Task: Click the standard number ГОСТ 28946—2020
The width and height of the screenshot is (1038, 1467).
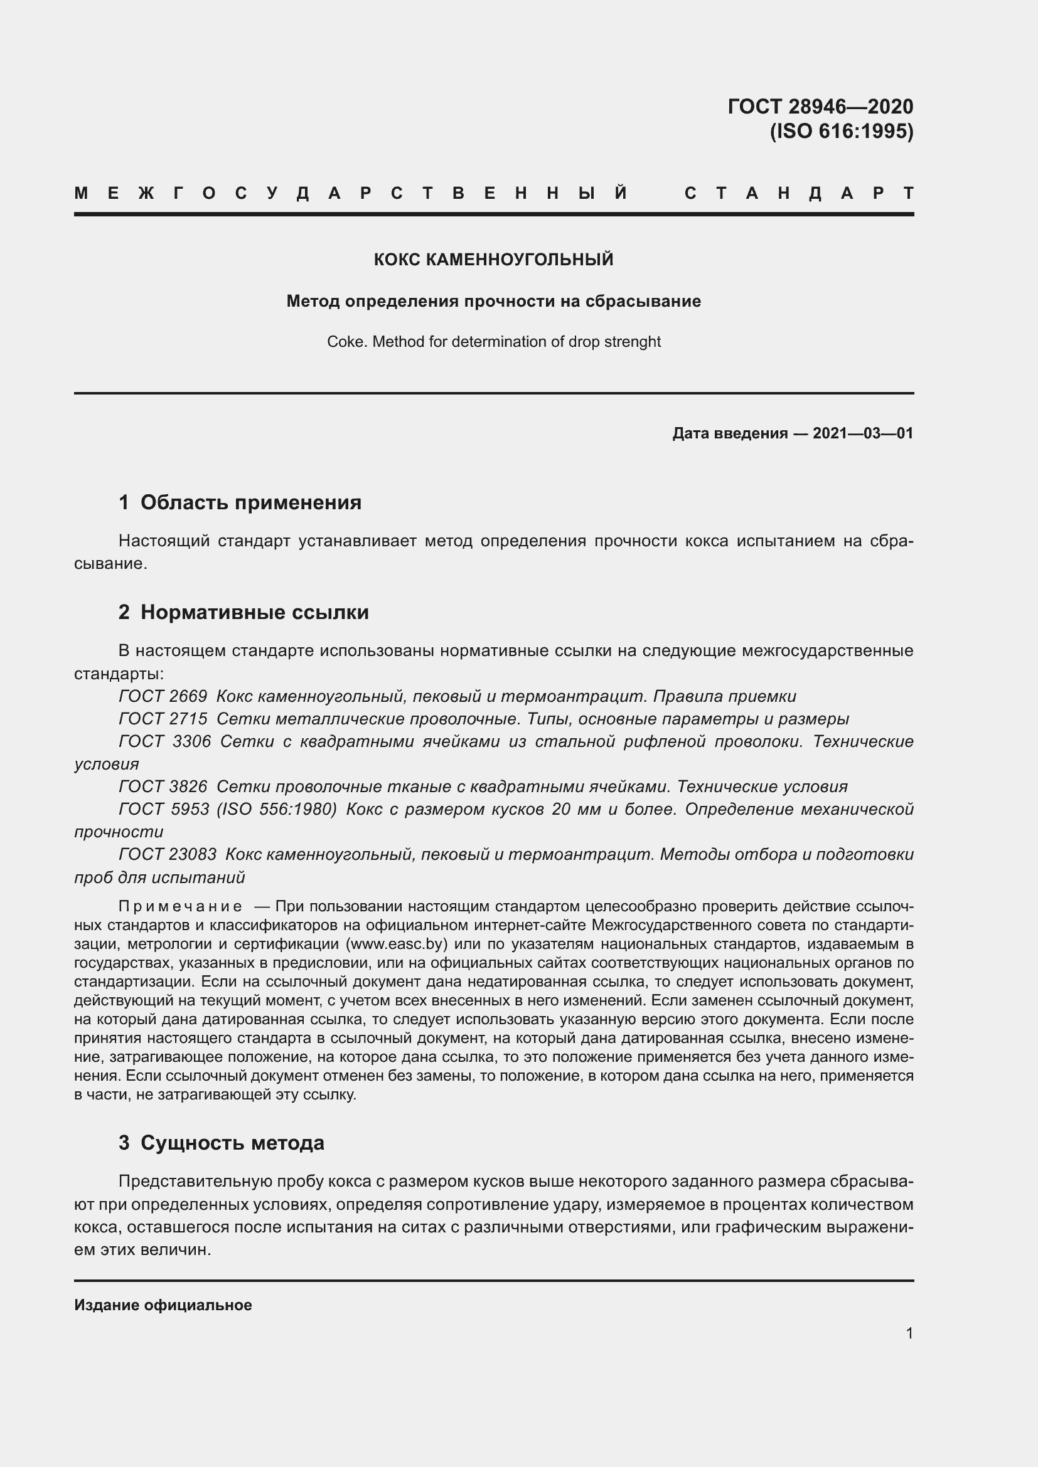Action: click(820, 106)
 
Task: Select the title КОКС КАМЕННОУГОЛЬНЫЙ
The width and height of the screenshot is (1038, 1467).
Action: click(493, 260)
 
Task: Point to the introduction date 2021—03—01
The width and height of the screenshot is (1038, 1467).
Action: click(862, 433)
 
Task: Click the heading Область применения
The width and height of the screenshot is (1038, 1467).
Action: click(250, 502)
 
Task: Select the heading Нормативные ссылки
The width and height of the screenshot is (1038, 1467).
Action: click(254, 612)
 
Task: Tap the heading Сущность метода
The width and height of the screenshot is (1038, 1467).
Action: click(232, 1142)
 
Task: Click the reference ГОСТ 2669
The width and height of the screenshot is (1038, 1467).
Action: click(163, 696)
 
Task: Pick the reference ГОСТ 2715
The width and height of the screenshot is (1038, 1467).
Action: click(163, 719)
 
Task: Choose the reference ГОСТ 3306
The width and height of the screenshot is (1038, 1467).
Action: click(165, 741)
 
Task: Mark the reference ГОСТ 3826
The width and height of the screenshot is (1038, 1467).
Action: click(163, 786)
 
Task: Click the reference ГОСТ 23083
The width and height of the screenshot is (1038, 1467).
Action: click(168, 854)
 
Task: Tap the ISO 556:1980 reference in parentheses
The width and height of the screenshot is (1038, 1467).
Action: click(277, 809)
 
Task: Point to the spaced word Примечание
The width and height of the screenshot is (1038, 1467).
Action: click(180, 906)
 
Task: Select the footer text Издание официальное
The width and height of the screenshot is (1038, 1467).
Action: click(163, 1305)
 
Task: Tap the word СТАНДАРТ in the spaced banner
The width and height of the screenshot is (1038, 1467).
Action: click(799, 193)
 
